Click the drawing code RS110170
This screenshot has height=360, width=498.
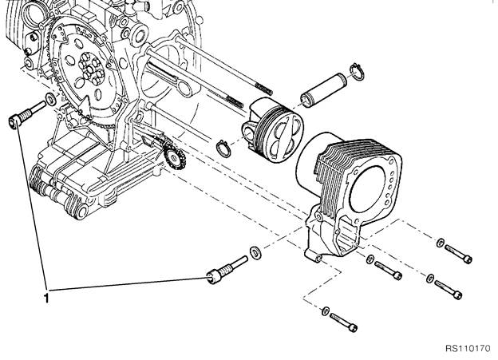click(x=468, y=349)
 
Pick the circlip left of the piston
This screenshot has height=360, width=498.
click(x=226, y=147)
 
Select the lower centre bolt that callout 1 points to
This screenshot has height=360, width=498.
click(x=223, y=271)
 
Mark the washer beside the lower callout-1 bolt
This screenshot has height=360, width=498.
click(x=255, y=252)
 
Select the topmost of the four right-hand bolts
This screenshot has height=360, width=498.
click(x=458, y=252)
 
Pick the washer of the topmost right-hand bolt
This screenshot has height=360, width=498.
click(x=440, y=240)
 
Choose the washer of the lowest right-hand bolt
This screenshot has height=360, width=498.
click(x=326, y=309)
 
